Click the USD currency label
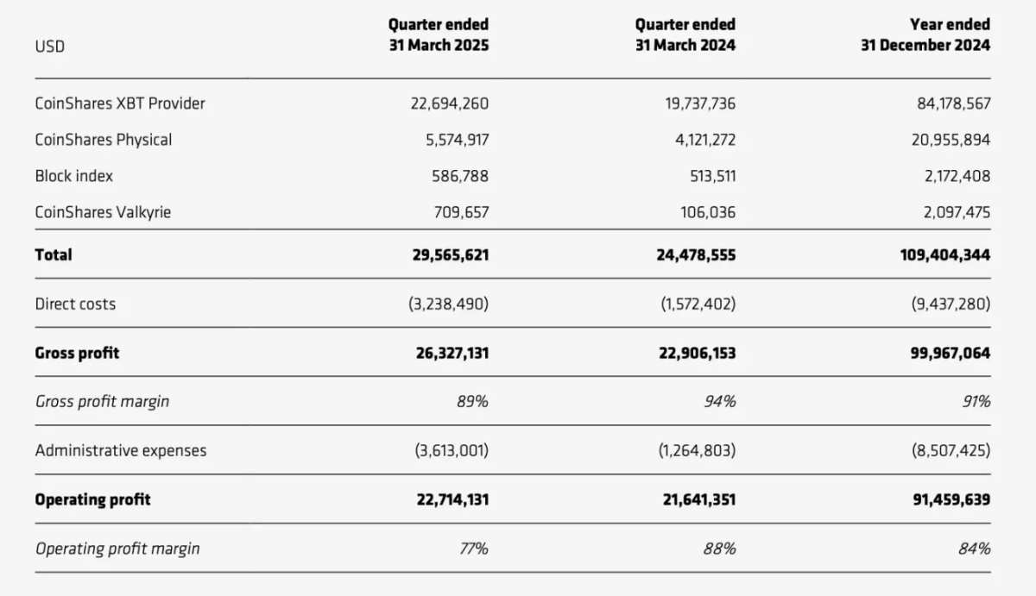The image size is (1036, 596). click(49, 47)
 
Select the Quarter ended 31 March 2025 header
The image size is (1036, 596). click(439, 35)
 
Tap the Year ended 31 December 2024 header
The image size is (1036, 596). click(925, 35)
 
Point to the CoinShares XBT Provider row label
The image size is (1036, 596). click(120, 103)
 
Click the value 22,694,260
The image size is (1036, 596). click(450, 104)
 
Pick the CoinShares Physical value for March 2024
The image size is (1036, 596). click(705, 140)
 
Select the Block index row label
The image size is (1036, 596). click(74, 176)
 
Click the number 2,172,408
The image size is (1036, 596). click(957, 176)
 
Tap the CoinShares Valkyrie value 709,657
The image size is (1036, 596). click(461, 212)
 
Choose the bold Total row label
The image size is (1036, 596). click(54, 254)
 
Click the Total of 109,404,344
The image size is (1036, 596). click(945, 255)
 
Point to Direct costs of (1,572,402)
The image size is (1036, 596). click(698, 304)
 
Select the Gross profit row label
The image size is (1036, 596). click(77, 353)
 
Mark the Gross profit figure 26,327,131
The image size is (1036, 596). click(452, 353)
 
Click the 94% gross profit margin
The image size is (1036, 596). click(720, 401)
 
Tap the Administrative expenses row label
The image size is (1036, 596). click(121, 450)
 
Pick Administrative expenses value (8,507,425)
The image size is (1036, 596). click(951, 450)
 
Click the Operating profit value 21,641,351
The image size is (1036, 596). click(698, 499)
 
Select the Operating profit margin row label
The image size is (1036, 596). click(117, 549)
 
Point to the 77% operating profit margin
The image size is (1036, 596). click(474, 549)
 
